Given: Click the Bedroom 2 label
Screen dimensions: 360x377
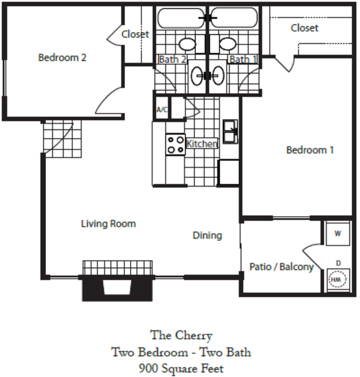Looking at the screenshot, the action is point(62,58).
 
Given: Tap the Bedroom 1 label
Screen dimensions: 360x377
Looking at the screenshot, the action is point(310,150).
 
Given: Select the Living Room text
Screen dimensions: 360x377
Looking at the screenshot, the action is point(109,224).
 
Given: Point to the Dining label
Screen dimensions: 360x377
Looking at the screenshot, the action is point(207,236).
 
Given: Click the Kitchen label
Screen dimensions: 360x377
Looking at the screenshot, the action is point(202,144).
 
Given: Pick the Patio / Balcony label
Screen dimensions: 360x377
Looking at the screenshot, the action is point(281,267).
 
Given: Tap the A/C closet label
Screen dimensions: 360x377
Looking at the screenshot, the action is point(162,109).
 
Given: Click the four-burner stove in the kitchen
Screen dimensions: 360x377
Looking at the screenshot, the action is point(175,145).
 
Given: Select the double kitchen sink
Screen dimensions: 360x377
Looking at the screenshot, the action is point(231,132).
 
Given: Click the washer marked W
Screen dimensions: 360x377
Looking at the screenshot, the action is point(337,234).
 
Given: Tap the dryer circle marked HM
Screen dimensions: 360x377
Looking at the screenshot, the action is point(337,279).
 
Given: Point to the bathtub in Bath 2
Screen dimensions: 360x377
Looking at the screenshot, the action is point(181,18).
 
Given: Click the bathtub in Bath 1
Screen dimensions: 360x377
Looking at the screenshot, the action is point(234,18).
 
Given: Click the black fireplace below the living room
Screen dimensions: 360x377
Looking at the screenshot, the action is point(117,288).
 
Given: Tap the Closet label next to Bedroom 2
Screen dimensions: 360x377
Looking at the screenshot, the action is point(135,34).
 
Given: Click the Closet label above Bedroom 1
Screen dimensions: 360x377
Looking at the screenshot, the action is point(305,28).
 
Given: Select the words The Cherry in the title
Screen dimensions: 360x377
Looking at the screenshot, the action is point(182,336).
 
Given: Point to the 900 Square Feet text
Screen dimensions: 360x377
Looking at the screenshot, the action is point(182,368).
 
